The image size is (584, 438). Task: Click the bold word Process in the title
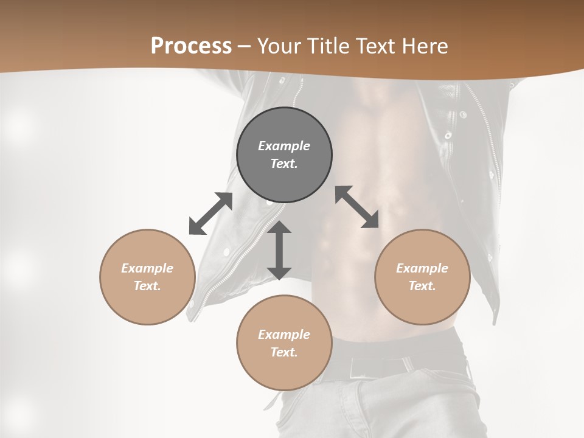click(191, 46)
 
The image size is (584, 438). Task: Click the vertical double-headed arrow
click(279, 250)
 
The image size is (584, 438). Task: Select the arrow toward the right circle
click(357, 207)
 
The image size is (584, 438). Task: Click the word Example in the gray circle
click(284, 146)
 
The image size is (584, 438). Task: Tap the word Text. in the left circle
click(147, 286)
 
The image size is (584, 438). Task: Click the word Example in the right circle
click(422, 268)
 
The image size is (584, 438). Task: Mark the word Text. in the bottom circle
click(284, 352)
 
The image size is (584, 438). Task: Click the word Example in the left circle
click(147, 268)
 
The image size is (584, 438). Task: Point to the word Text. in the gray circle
click(284, 164)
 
